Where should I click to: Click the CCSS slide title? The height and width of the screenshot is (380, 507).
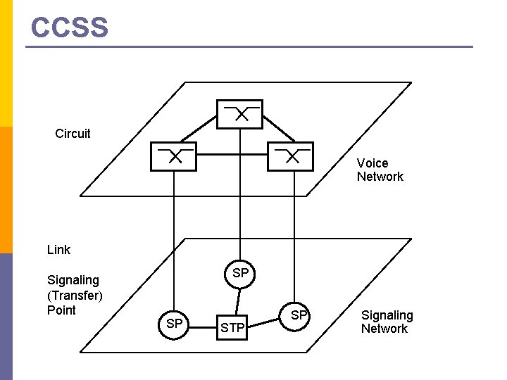point(70,27)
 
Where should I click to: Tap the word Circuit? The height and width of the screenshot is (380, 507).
point(73,134)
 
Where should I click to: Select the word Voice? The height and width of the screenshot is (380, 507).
point(372,163)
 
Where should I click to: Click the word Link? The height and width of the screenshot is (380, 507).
point(58,250)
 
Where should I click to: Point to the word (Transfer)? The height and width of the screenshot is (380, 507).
point(75,295)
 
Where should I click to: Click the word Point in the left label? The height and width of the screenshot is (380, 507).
point(61,310)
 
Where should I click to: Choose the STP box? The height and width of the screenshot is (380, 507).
point(233,327)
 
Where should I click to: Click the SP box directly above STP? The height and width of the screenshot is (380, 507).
point(240,273)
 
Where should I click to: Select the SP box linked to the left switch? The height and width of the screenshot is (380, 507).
point(174,323)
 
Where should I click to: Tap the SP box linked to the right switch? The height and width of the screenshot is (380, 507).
point(299,315)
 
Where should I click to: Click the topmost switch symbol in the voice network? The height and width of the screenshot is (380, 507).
point(239,114)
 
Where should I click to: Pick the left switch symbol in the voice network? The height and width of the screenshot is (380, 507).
point(173,156)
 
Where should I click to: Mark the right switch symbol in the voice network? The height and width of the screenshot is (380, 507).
point(290,156)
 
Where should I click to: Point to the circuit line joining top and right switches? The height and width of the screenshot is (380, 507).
point(279,129)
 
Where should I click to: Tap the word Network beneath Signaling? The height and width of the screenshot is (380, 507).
point(384,329)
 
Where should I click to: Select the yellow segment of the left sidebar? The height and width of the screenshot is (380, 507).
point(6,63)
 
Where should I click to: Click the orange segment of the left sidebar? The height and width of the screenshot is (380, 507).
point(6,190)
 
